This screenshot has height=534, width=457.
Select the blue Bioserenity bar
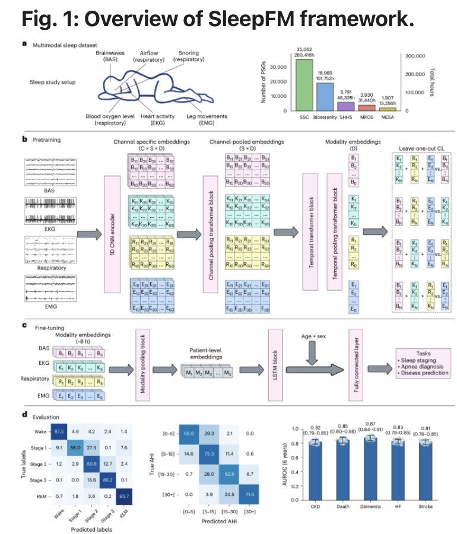pyautogui.click(x=324, y=97)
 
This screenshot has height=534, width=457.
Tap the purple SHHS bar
pyautogui.click(x=344, y=106)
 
